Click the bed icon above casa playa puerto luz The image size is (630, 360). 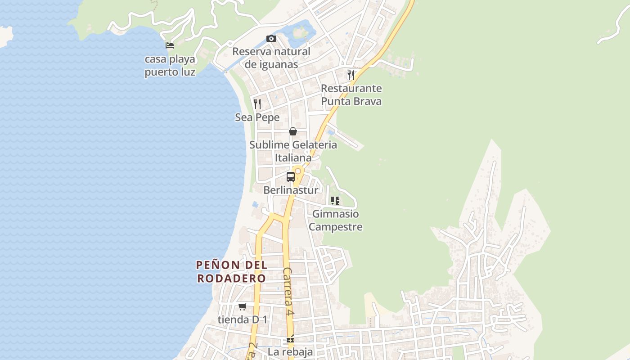(170, 45)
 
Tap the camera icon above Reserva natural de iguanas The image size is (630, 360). (271, 39)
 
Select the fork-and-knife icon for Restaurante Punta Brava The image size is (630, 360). (351, 75)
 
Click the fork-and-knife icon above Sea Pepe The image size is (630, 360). (257, 104)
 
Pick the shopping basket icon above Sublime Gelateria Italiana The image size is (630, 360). (293, 131)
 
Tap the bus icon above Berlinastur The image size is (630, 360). (291, 177)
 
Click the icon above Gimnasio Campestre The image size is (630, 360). (335, 201)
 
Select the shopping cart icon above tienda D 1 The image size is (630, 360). (243, 306)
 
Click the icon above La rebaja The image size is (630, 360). (290, 339)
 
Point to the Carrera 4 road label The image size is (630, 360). (288, 291)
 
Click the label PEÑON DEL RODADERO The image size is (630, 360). (232, 271)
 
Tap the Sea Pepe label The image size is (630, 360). (257, 117)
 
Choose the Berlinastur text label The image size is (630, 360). (291, 190)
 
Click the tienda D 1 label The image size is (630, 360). (243, 319)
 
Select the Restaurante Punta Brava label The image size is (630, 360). (351, 94)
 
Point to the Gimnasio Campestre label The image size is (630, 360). (336, 220)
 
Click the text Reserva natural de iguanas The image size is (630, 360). (271, 58)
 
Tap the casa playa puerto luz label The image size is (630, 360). (170, 66)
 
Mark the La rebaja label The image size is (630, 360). (290, 351)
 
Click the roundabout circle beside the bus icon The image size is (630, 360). (298, 171)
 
